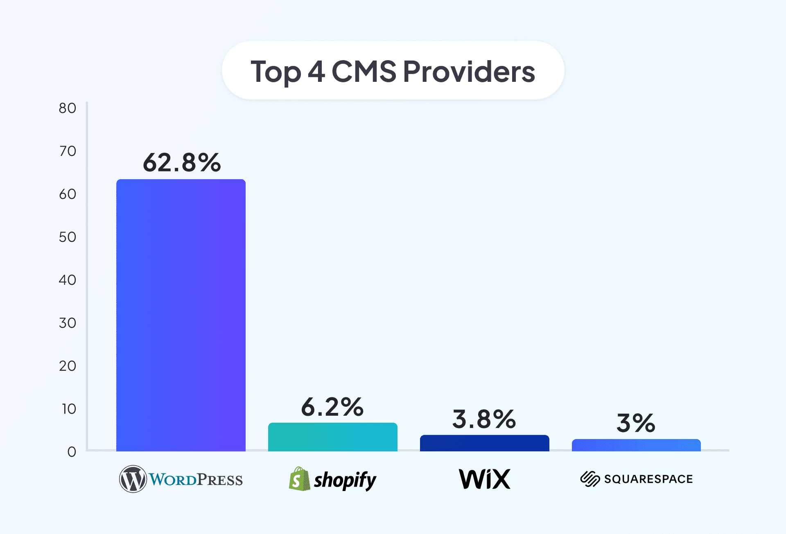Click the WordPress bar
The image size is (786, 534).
coord(181,315)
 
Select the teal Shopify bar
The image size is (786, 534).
coord(332,437)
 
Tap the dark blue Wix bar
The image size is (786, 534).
coord(484,443)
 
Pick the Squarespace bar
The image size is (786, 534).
coord(636,445)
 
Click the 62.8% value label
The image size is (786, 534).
coord(182,162)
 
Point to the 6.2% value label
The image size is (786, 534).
coord(332,407)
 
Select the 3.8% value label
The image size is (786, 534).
coord(484,419)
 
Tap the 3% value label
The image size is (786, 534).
coord(636,423)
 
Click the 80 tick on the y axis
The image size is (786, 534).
coord(68,108)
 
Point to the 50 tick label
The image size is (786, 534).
coord(68,237)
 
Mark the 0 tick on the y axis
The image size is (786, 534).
coord(72,452)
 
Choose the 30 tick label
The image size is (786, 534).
coord(68,323)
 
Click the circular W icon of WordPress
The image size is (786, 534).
coord(133,479)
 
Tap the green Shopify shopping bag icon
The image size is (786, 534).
coord(299,479)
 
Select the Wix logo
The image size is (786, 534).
coord(485,479)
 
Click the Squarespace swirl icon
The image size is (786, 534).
coord(590,479)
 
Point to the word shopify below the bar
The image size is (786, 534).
coord(345,480)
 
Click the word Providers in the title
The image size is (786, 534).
coord(469,72)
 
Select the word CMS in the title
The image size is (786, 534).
coord(364,72)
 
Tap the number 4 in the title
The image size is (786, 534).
coord(316,72)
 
